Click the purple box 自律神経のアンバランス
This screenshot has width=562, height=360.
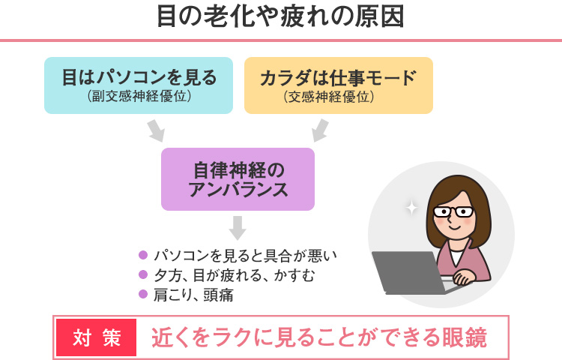(238, 178)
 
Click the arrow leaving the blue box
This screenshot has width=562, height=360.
(155, 130)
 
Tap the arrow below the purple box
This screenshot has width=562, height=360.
(238, 227)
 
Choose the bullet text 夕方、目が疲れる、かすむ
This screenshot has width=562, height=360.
(233, 275)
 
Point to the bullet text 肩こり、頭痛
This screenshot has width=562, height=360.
(193, 295)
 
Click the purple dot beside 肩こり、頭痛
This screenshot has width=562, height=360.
(143, 295)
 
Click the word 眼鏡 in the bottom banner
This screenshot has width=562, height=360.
(465, 337)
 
